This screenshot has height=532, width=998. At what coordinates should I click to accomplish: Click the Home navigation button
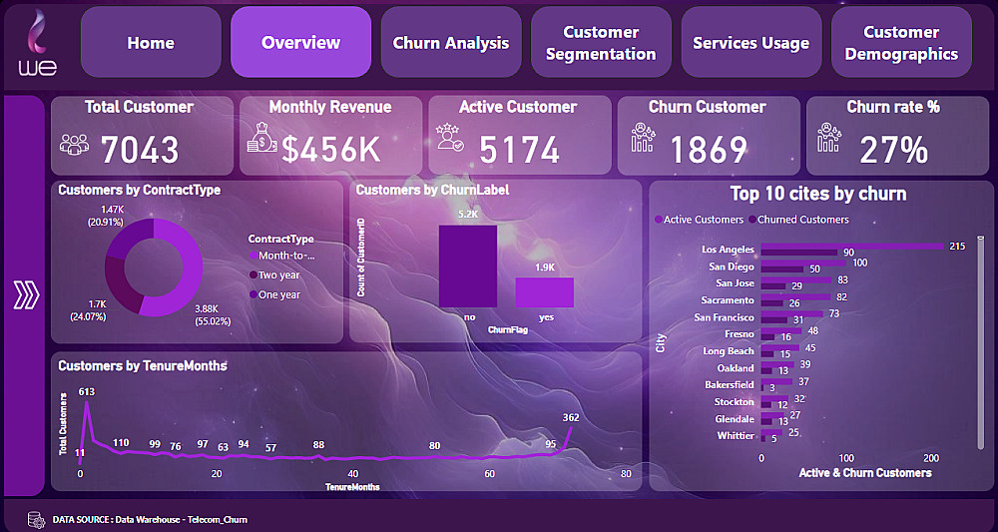coord(151,43)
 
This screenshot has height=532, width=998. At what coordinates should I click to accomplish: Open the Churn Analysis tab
coord(451,43)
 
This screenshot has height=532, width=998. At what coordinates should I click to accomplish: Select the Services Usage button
coord(750,43)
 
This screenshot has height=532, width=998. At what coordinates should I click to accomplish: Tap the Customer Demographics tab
coord(901,43)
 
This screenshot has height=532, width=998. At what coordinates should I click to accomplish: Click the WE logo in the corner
coord(38,43)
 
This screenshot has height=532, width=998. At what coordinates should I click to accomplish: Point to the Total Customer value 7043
coord(140,150)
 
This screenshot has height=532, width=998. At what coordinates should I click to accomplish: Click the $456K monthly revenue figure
coord(331,150)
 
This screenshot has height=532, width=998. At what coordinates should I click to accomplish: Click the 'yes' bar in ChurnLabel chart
coord(544,291)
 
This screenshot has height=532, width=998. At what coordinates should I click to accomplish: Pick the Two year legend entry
coord(278,274)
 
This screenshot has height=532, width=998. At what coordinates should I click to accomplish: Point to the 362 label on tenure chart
coord(571,417)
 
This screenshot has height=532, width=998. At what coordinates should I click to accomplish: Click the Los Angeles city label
coord(729,249)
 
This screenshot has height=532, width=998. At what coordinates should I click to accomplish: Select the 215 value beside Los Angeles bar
coord(958,246)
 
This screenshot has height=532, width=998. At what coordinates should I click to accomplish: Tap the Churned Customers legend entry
coord(803,220)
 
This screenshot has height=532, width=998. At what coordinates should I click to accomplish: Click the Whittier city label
coord(737,435)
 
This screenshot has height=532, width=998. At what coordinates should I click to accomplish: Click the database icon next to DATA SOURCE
coord(36,519)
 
